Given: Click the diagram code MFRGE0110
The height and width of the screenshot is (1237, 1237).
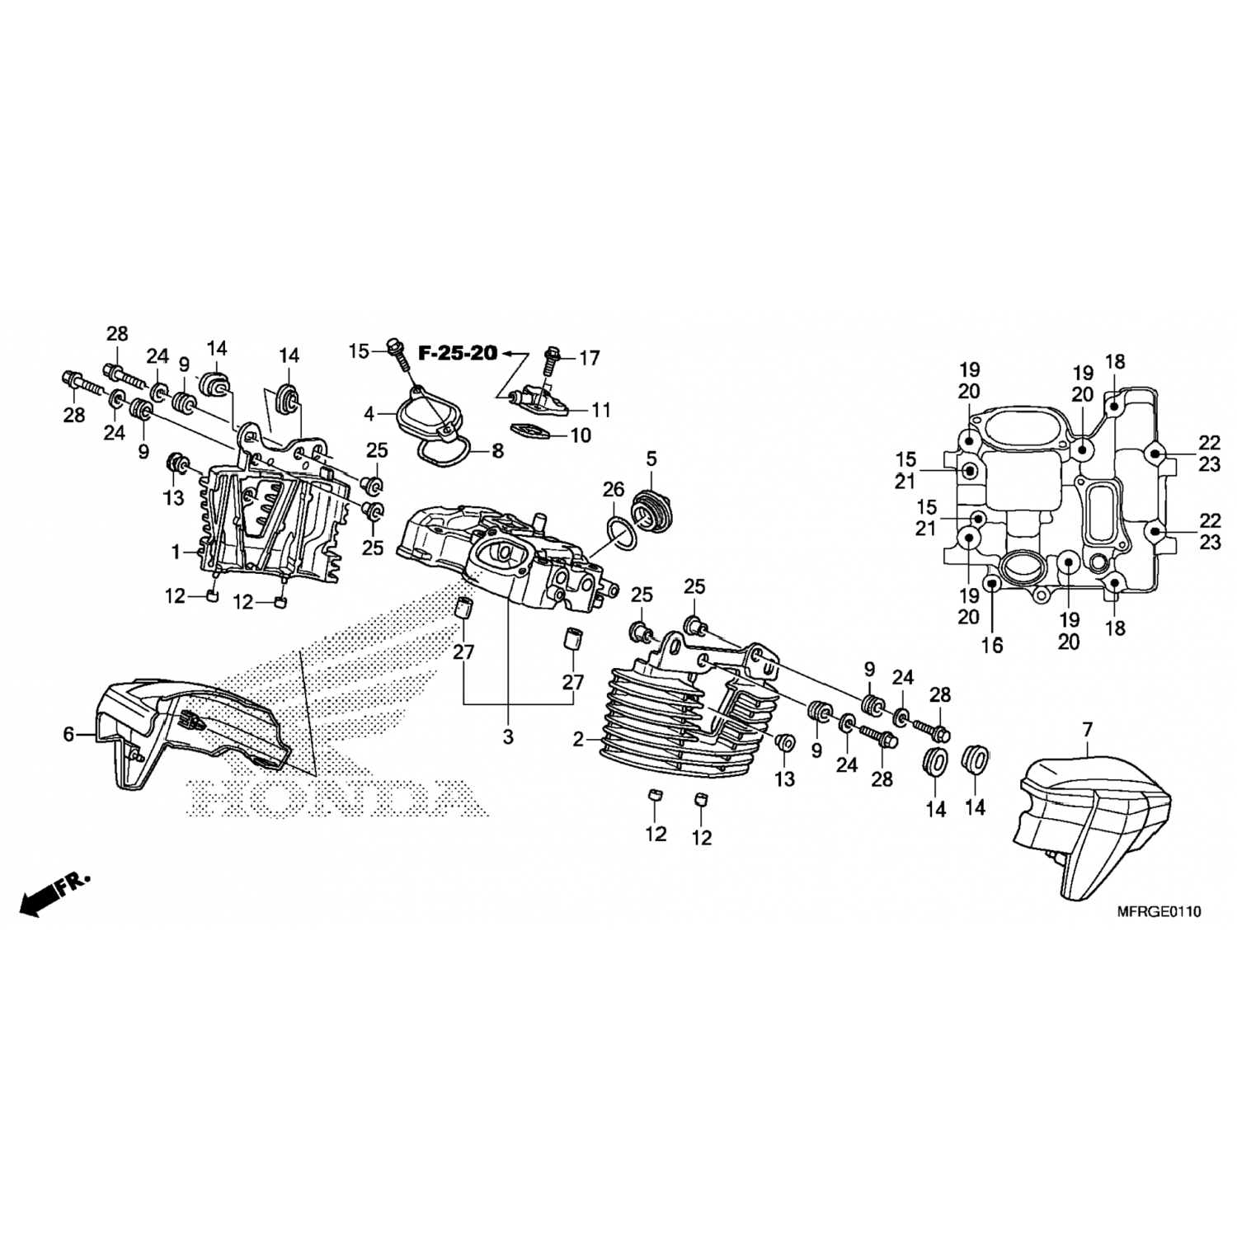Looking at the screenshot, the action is point(1159,911).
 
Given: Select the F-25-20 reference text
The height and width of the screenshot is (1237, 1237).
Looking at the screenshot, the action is point(458,354).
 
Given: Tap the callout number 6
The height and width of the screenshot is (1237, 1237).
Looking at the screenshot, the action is point(69,733).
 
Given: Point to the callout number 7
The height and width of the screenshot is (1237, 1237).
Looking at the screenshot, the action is point(1087,729).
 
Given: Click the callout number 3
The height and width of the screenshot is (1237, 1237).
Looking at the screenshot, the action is point(508,736).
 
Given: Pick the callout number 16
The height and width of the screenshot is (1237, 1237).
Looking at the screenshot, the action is point(992,646).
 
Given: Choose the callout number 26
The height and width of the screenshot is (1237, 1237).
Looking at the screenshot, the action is point(614,490).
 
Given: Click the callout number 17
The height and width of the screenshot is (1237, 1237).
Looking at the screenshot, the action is point(590,359).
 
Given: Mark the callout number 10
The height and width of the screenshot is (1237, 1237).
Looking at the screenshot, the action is point(581,435).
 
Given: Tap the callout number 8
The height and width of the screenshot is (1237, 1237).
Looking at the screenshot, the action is point(497,451).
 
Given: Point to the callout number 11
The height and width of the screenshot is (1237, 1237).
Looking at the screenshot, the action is point(601,410).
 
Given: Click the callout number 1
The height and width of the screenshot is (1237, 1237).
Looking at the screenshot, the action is point(176,553).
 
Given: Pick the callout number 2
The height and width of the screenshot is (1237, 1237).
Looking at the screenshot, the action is point(578,740).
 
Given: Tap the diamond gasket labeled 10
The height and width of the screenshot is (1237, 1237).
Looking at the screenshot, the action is point(532,430).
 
